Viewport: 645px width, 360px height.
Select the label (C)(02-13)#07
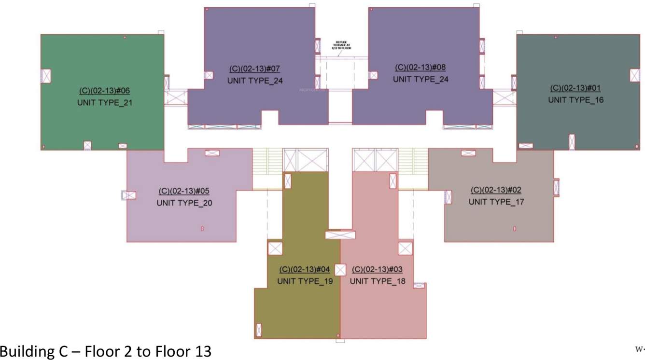pyautogui.click(x=255, y=69)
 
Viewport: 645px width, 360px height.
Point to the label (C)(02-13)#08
pyautogui.click(x=421, y=68)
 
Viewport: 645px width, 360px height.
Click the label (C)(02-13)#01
pyautogui.click(x=575, y=88)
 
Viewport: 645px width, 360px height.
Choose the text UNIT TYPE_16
pyautogui.click(x=575, y=100)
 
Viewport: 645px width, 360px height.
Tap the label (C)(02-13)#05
pyautogui.click(x=184, y=191)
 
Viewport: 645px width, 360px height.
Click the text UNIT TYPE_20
pyautogui.click(x=184, y=203)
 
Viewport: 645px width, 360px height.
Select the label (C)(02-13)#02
pyautogui.click(x=496, y=190)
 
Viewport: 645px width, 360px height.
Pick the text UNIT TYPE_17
pyautogui.click(x=496, y=202)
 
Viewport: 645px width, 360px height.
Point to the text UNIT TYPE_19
pyautogui.click(x=305, y=281)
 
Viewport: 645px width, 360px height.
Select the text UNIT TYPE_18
pyautogui.click(x=378, y=281)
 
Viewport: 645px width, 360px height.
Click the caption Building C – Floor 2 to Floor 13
pyautogui.click(x=106, y=351)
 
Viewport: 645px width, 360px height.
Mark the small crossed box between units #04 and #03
pyautogui.click(x=341, y=270)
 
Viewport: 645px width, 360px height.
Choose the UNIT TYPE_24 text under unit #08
pyautogui.click(x=421, y=80)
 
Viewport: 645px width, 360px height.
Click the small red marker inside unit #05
pyautogui.click(x=202, y=228)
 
